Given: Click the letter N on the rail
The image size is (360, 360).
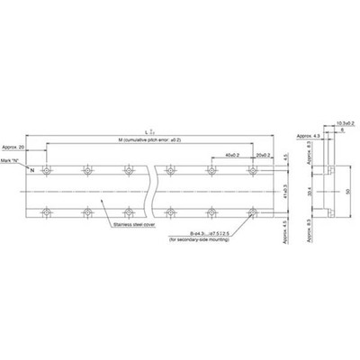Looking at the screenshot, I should [x=32, y=168].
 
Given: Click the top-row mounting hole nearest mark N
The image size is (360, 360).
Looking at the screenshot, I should [x=47, y=168].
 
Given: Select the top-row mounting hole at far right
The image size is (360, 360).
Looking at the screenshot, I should [x=254, y=168].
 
